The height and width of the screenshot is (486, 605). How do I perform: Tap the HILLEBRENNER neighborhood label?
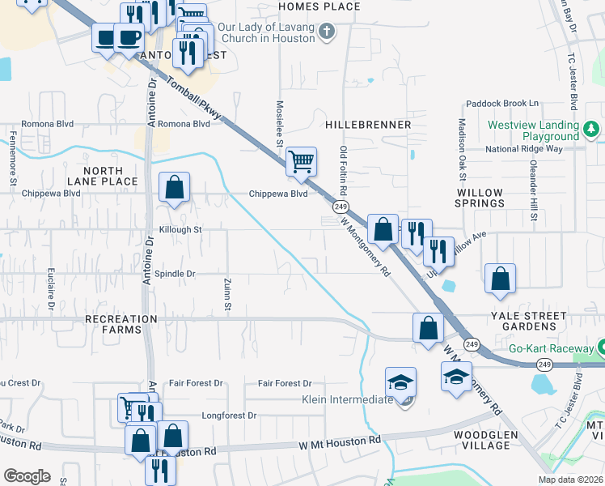pyautogui.click(x=368, y=126)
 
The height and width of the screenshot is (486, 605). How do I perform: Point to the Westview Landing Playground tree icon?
pyautogui.click(x=591, y=128)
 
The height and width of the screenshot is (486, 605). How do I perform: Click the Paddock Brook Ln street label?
pyautogui.click(x=501, y=104)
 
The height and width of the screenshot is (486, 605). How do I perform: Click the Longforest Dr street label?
pyautogui.click(x=229, y=416)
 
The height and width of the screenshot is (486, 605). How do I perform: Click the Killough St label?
pyautogui.click(x=180, y=230)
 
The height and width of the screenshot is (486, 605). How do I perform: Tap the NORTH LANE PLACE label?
pyautogui.click(x=102, y=177)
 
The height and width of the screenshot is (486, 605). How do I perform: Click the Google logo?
pyautogui.click(x=27, y=476)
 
